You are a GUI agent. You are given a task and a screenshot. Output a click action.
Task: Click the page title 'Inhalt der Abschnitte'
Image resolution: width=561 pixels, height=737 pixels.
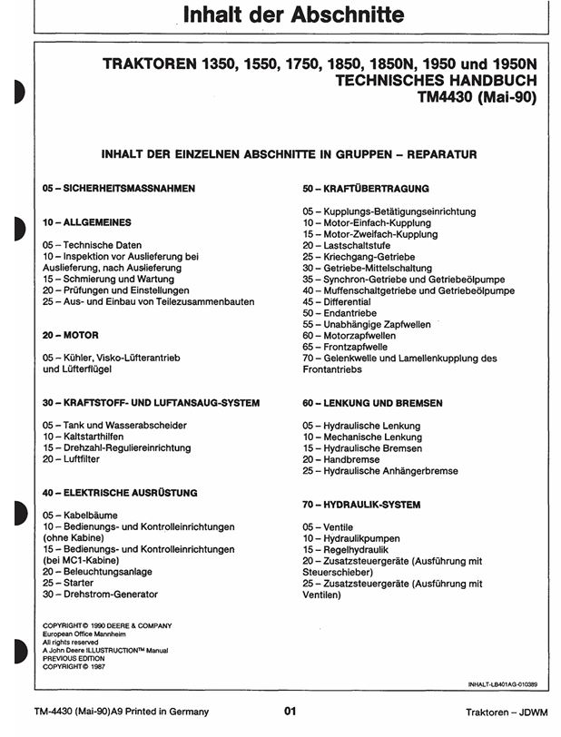pos(280,15)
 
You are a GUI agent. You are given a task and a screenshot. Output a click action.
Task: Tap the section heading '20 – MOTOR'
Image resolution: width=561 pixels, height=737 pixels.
pos(70,335)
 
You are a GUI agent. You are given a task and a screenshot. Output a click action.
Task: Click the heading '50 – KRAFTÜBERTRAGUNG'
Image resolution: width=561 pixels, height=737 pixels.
pos(365,188)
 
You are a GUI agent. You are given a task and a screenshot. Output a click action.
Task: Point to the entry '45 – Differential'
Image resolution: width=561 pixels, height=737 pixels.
pos(337,301)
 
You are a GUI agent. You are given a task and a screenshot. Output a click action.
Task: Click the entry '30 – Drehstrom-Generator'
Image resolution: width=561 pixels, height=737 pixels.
pos(100,595)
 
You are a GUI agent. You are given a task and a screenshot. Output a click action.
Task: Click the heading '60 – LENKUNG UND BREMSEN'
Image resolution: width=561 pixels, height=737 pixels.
pos(372,402)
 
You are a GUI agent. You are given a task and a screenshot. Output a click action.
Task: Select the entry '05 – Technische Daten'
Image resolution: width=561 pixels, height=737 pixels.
pos(92,245)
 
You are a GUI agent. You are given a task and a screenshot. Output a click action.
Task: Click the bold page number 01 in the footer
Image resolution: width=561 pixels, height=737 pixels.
pos(290,712)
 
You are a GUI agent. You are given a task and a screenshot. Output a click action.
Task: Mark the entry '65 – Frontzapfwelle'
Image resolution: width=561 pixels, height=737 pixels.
pos(345,347)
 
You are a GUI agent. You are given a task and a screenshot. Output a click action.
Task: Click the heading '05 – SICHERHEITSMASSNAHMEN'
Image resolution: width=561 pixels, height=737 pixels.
pos(118,188)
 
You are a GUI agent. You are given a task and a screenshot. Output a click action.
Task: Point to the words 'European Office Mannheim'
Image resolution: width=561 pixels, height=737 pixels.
pos(89,634)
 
